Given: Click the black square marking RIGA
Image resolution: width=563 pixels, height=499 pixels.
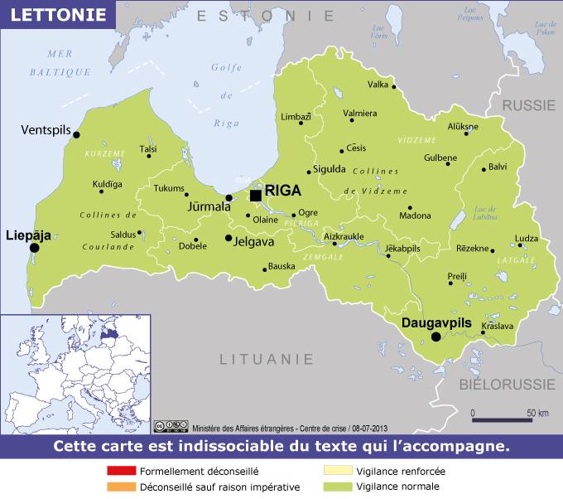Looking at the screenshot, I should pyautogui.click(x=256, y=195).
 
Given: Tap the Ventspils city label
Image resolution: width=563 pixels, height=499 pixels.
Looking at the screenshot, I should pyautogui.click(x=46, y=130).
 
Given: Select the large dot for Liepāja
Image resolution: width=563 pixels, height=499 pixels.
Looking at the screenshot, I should pyautogui.click(x=35, y=247).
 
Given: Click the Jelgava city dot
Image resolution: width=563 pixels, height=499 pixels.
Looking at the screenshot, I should pyautogui.click(x=229, y=239).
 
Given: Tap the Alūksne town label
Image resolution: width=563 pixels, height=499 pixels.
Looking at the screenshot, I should pyautogui.click(x=463, y=127).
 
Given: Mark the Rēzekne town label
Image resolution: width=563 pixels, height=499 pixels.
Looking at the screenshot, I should pyautogui.click(x=473, y=249).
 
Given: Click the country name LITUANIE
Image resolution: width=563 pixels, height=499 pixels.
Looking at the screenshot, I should pyautogui.click(x=267, y=360).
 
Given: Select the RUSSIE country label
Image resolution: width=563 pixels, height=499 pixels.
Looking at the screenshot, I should pyautogui.click(x=530, y=105).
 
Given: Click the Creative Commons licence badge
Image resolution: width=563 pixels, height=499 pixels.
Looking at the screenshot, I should pyautogui.click(x=170, y=427).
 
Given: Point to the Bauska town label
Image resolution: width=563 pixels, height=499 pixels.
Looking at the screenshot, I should pyautogui.click(x=281, y=266).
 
